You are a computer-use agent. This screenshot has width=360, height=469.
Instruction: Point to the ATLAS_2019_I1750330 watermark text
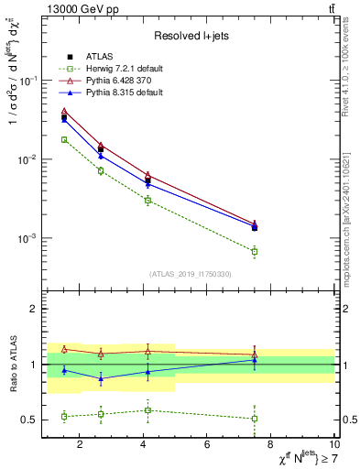tap(190, 273)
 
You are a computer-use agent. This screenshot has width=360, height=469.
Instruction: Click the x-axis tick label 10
tap(334, 445)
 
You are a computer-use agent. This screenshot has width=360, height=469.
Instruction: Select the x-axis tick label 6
tap(207, 445)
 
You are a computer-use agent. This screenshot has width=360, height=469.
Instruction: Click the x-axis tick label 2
tap(80, 445)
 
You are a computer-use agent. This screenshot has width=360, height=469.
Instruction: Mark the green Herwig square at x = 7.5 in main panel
tap(255, 251)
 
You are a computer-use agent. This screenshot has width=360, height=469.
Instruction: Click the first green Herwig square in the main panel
tap(64, 139)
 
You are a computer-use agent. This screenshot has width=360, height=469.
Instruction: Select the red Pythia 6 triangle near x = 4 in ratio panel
tap(147, 350)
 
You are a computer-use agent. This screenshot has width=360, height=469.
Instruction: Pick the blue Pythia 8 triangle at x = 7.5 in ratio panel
tap(255, 360)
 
